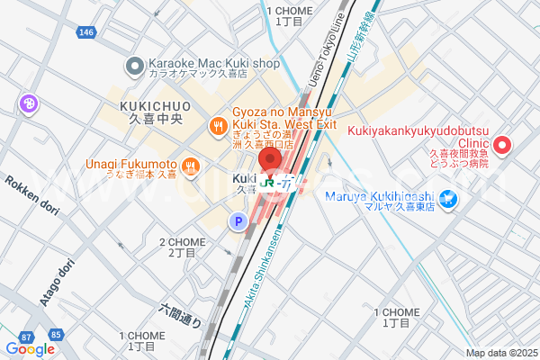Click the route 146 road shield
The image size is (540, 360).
point(86,31)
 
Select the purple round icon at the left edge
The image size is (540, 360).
point(29,104)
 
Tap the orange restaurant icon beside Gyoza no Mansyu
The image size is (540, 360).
point(217,124)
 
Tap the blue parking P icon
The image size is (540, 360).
point(238,220)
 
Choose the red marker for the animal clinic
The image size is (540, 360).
point(503,144)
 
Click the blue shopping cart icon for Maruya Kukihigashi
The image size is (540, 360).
point(469,198)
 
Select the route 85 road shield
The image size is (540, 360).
point(56,336)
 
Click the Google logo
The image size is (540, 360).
point(30,349)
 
